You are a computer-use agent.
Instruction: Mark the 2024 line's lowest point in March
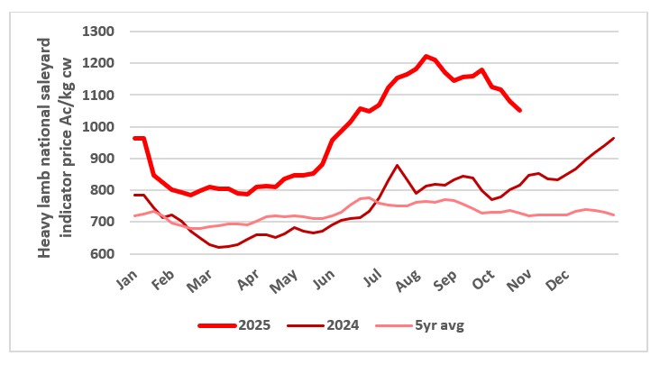tap(219, 247)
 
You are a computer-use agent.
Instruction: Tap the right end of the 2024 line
tap(614, 138)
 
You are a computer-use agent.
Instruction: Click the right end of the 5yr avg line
tap(614, 214)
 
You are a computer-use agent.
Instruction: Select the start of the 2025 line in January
tap(134, 138)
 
